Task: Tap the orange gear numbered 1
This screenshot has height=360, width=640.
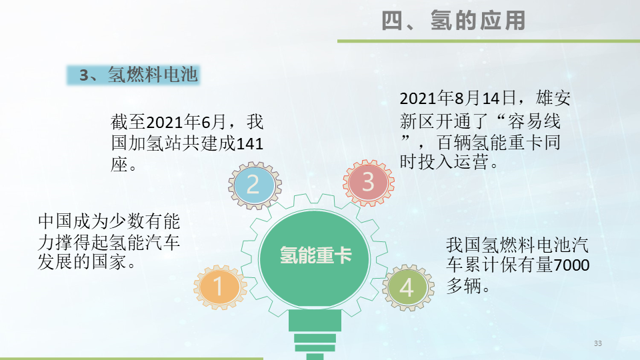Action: coord(219,287)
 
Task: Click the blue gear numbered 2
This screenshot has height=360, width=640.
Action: coord(253,183)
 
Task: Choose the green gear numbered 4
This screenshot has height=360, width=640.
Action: coord(407,288)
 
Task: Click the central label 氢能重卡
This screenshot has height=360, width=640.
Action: coord(315,255)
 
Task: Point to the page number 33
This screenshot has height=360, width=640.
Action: coord(597,343)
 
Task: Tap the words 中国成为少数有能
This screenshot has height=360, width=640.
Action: coord(109,221)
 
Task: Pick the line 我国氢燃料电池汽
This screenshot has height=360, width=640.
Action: coord(517,244)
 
